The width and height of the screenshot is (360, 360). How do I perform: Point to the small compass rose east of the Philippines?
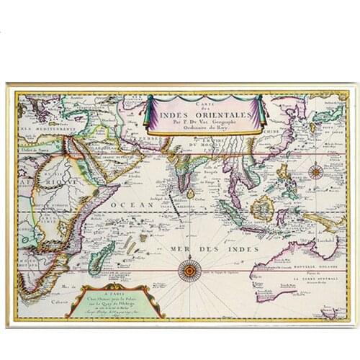coord(315,172)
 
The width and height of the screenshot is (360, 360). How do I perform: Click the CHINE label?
coord(271,132)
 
